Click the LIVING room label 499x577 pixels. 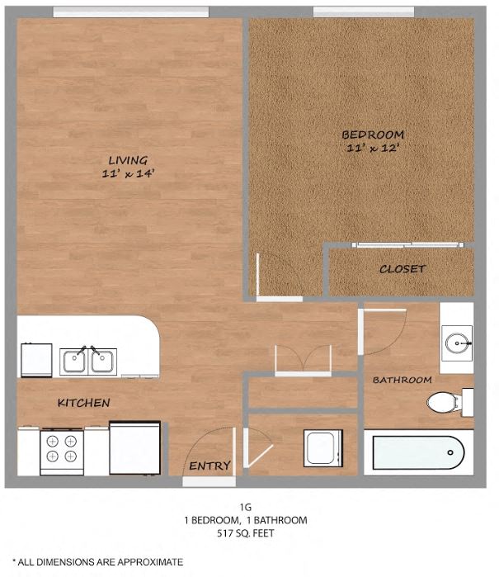tap(128, 160)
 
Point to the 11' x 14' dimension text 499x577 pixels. tap(127, 173)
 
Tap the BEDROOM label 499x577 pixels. tap(373, 135)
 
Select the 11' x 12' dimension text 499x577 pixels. tap(373, 148)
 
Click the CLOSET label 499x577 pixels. tap(402, 269)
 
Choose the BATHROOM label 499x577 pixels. tap(402, 381)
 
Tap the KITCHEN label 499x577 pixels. tap(83, 403)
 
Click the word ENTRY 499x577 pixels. tap(209, 466)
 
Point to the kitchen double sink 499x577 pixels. tap(88, 362)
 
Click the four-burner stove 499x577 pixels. tap(62, 449)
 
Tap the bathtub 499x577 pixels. tap(418, 453)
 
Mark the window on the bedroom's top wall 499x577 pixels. tap(352, 12)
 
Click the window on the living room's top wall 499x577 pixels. tap(130, 12)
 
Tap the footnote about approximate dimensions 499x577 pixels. tap(97, 561)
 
